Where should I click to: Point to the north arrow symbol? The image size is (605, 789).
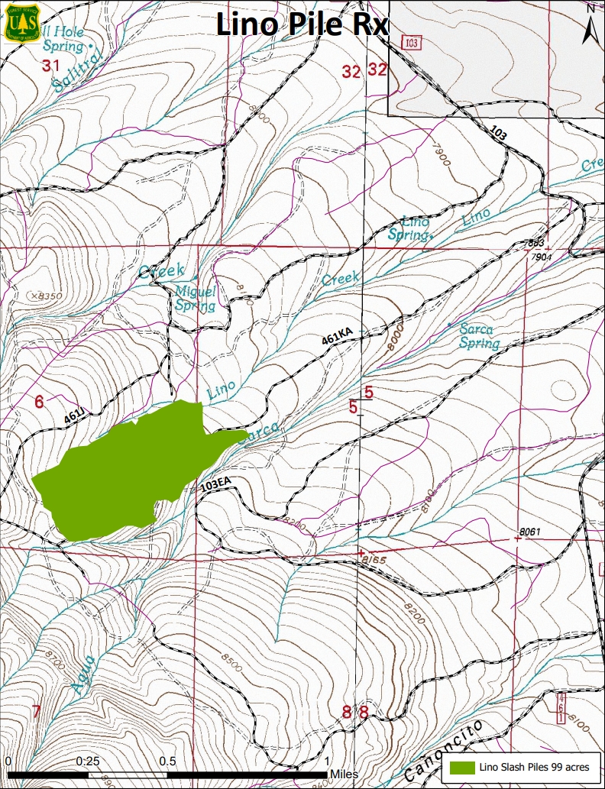click(x=590, y=27)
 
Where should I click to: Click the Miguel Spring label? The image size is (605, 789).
click(x=196, y=298)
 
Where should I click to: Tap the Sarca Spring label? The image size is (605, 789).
click(x=479, y=336)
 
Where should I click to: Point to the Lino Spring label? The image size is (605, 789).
click(x=409, y=228)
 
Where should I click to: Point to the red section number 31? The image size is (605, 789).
click(x=50, y=66)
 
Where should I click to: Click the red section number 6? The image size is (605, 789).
click(x=39, y=401)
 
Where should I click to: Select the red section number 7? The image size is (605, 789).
click(x=36, y=712)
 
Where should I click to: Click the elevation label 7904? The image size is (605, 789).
click(x=542, y=257)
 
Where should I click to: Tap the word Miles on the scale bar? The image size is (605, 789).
click(x=344, y=774)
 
